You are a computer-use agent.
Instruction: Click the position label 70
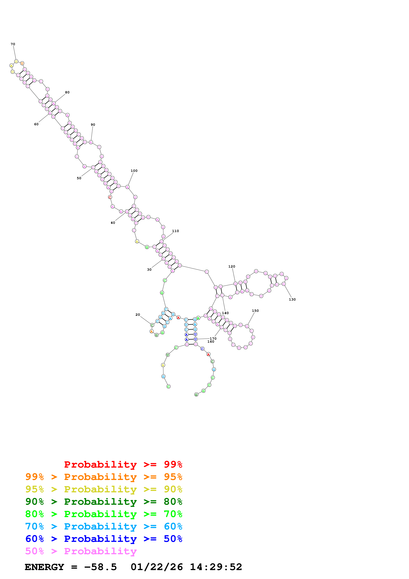(x=13, y=44)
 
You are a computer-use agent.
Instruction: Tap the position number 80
(x=67, y=92)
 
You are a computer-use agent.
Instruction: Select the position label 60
(x=36, y=124)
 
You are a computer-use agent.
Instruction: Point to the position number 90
(x=93, y=125)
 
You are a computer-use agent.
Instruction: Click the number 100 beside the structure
(x=134, y=171)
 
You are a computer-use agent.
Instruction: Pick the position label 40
(x=113, y=223)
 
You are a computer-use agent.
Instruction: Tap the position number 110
(x=175, y=231)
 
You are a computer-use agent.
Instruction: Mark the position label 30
(x=149, y=270)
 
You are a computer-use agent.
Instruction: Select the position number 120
(x=232, y=266)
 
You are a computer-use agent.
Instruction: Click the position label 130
(x=292, y=299)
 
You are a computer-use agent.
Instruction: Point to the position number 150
(x=255, y=311)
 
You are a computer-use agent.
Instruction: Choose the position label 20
(x=138, y=315)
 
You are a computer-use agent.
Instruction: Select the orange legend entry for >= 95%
(x=104, y=477)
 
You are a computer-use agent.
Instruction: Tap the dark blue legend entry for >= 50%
(x=104, y=539)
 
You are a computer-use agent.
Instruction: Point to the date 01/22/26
(x=157, y=567)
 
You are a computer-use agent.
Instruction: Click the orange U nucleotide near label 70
(x=22, y=63)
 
